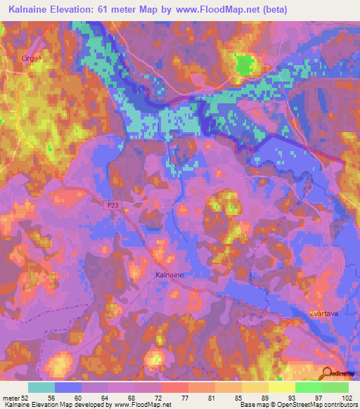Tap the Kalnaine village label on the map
(169, 275)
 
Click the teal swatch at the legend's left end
(41, 387)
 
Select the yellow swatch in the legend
(281, 387)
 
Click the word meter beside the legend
(11, 398)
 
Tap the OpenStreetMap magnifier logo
(328, 373)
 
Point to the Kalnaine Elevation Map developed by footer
(56, 405)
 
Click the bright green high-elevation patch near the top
(244, 65)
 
